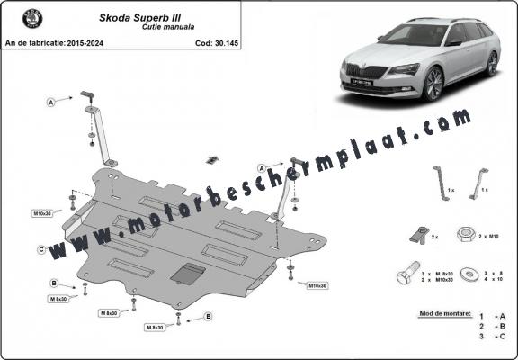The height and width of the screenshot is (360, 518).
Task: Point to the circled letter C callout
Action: (x=42, y=248)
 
